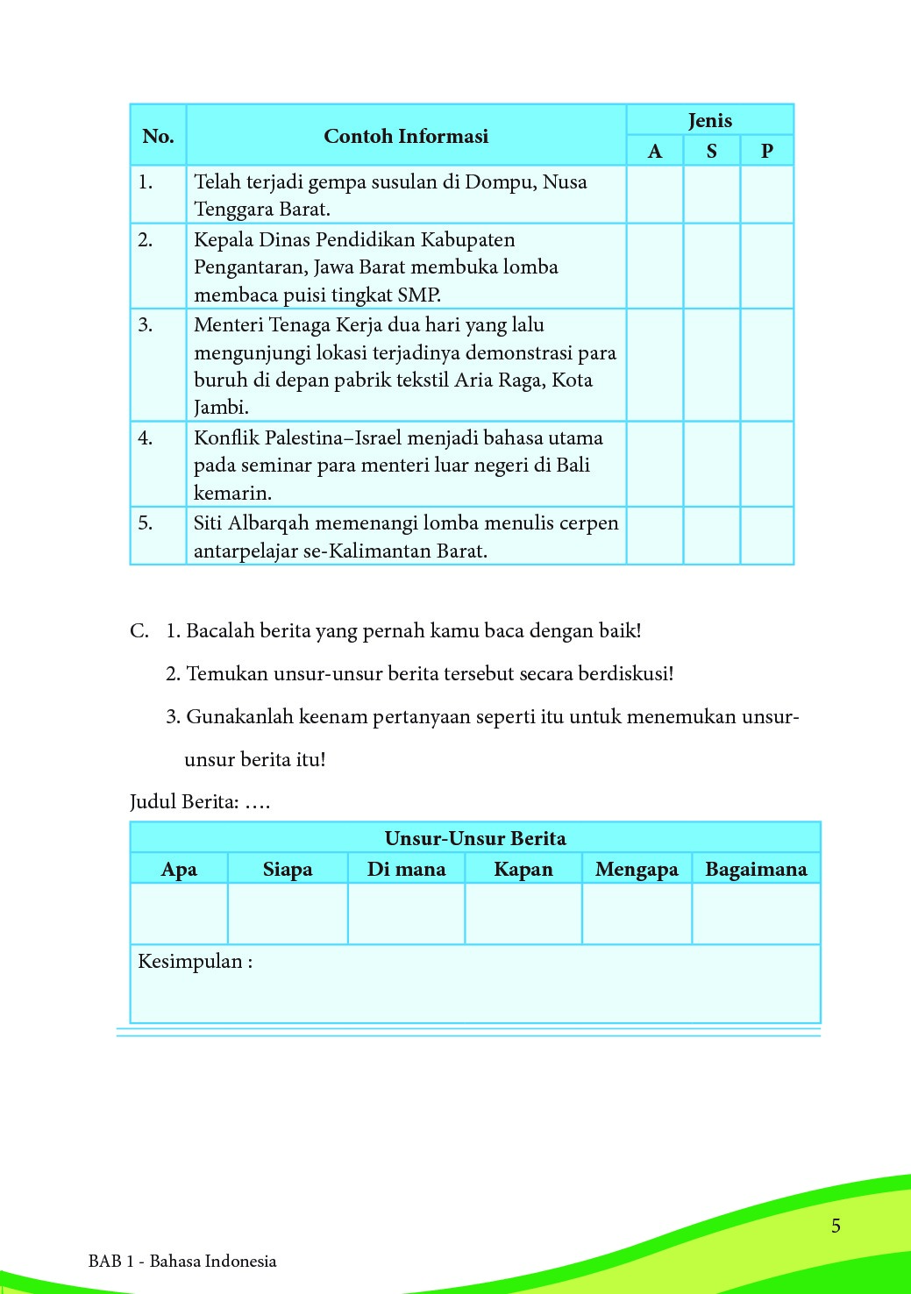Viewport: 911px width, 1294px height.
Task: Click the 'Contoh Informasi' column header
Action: pyautogui.click(x=405, y=136)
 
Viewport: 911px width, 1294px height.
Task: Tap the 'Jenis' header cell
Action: pyautogui.click(x=709, y=120)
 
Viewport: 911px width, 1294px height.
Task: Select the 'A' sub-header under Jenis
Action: pyautogui.click(x=655, y=151)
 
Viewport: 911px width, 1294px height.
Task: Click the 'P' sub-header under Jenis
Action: pyautogui.click(x=767, y=151)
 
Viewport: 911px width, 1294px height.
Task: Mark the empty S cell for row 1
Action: pyautogui.click(x=711, y=195)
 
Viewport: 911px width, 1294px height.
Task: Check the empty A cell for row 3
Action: pyautogui.click(x=655, y=365)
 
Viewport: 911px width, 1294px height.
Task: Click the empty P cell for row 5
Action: pyautogui.click(x=767, y=536)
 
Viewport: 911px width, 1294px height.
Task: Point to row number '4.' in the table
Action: pyautogui.click(x=146, y=437)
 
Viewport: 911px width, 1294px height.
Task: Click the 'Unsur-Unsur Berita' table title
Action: pyautogui.click(x=475, y=838)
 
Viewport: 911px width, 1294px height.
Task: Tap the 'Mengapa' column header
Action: pyautogui.click(x=637, y=869)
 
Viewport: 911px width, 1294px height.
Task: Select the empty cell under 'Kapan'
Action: pyautogui.click(x=523, y=914)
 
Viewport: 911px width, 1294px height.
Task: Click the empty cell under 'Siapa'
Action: pyautogui.click(x=288, y=914)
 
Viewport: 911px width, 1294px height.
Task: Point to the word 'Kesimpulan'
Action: pyautogui.click(x=190, y=962)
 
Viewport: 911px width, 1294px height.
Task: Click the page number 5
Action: pyautogui.click(x=836, y=1226)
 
